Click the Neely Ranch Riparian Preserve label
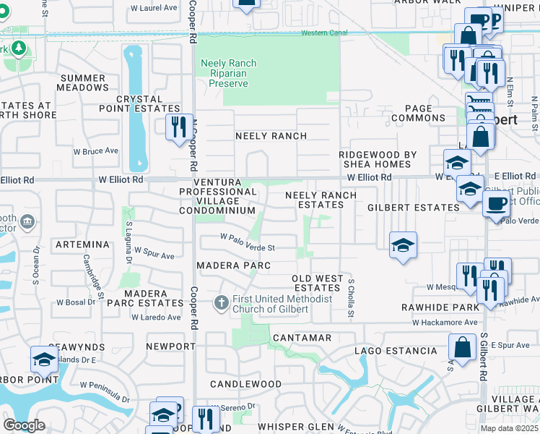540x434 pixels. (228, 73)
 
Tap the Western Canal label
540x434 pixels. (324, 33)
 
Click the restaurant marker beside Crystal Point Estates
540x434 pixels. (177, 127)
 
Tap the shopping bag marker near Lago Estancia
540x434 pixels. (462, 347)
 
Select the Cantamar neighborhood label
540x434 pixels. (302, 338)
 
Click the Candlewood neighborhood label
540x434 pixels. (245, 383)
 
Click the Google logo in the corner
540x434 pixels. (24, 425)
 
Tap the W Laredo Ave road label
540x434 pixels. (155, 317)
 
